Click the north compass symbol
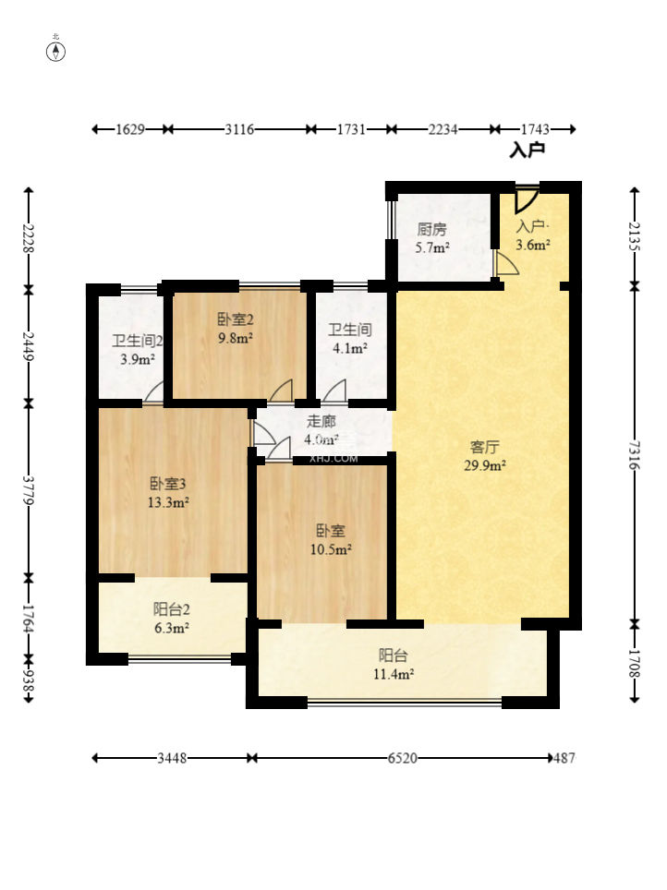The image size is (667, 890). click(x=55, y=52)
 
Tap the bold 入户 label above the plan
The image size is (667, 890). click(x=528, y=150)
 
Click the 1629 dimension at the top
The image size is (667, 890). click(x=130, y=129)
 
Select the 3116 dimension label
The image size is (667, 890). click(x=239, y=129)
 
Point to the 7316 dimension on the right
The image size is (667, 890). click(x=635, y=455)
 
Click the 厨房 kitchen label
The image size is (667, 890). click(x=431, y=229)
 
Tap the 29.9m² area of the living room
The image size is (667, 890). click(x=485, y=466)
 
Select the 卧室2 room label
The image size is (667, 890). click(x=236, y=319)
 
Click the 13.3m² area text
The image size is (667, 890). click(x=168, y=502)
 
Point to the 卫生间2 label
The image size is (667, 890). click(x=138, y=341)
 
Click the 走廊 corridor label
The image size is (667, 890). click(x=321, y=421)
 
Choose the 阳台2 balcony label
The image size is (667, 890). click(x=171, y=609)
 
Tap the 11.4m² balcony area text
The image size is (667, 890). click(x=394, y=674)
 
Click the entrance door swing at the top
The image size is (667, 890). click(x=527, y=199)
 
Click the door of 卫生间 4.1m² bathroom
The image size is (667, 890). click(x=334, y=391)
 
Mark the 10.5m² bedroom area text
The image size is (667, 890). click(x=331, y=549)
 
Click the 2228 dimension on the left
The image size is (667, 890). click(x=29, y=238)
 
